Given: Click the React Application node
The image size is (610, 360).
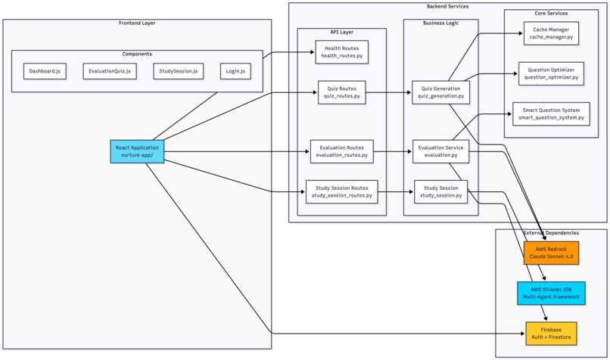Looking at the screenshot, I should (x=137, y=151).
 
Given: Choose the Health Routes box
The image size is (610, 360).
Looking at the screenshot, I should (x=341, y=52).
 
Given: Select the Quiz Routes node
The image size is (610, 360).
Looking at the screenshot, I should (x=341, y=92).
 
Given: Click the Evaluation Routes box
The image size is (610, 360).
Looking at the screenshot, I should (x=341, y=151).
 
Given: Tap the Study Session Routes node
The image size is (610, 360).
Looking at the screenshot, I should (x=341, y=191).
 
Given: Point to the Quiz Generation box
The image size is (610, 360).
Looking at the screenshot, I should (x=440, y=92).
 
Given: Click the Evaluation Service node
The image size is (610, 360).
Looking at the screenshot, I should (x=440, y=151).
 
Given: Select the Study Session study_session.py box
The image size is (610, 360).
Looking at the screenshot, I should (x=440, y=191).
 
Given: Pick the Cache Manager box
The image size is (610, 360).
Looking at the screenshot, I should (x=551, y=33).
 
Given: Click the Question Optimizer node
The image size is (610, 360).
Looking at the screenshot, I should (x=551, y=73).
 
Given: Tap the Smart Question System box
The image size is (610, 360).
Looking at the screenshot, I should (x=551, y=113).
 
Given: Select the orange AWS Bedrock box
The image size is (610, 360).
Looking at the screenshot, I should (x=551, y=253).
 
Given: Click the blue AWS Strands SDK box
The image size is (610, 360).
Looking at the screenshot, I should (x=551, y=293).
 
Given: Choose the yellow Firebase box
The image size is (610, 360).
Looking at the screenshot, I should (x=551, y=333).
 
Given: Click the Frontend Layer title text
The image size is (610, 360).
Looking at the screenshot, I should (x=137, y=23).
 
